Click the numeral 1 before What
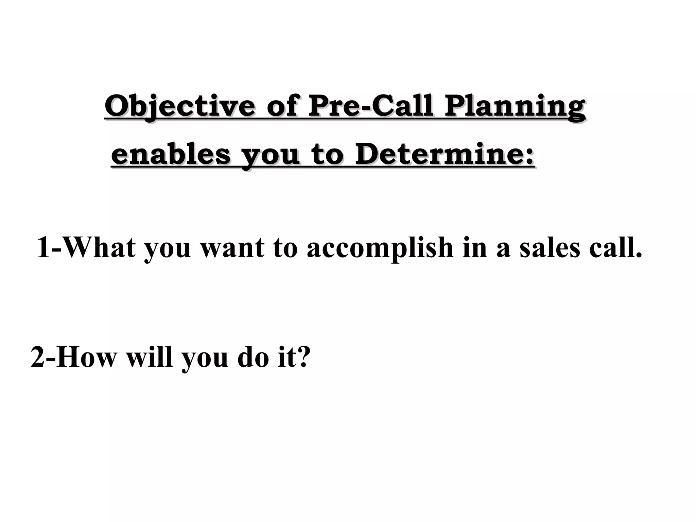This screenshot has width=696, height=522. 43,247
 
